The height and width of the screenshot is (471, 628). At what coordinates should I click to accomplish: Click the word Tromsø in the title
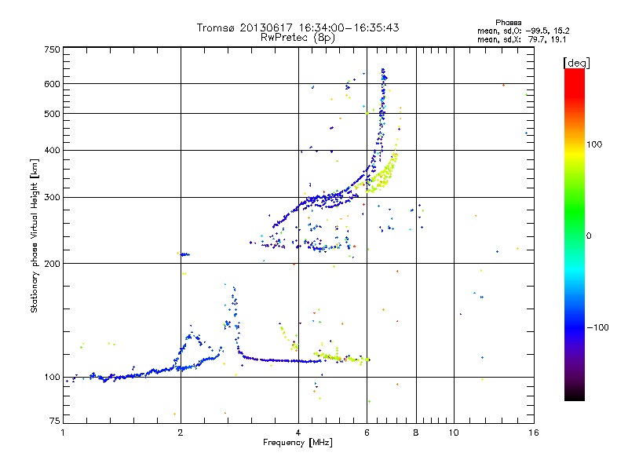click(x=217, y=27)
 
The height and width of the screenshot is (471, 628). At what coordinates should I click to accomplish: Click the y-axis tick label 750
click(x=52, y=49)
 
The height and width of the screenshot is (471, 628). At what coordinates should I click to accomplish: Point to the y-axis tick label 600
click(x=52, y=84)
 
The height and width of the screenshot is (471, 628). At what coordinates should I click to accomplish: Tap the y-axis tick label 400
click(x=52, y=150)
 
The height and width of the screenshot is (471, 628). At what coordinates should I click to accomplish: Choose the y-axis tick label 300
click(x=52, y=197)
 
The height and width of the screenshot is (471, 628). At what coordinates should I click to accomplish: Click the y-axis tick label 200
click(x=52, y=263)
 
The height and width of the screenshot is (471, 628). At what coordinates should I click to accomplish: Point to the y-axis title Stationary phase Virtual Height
click(x=35, y=235)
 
